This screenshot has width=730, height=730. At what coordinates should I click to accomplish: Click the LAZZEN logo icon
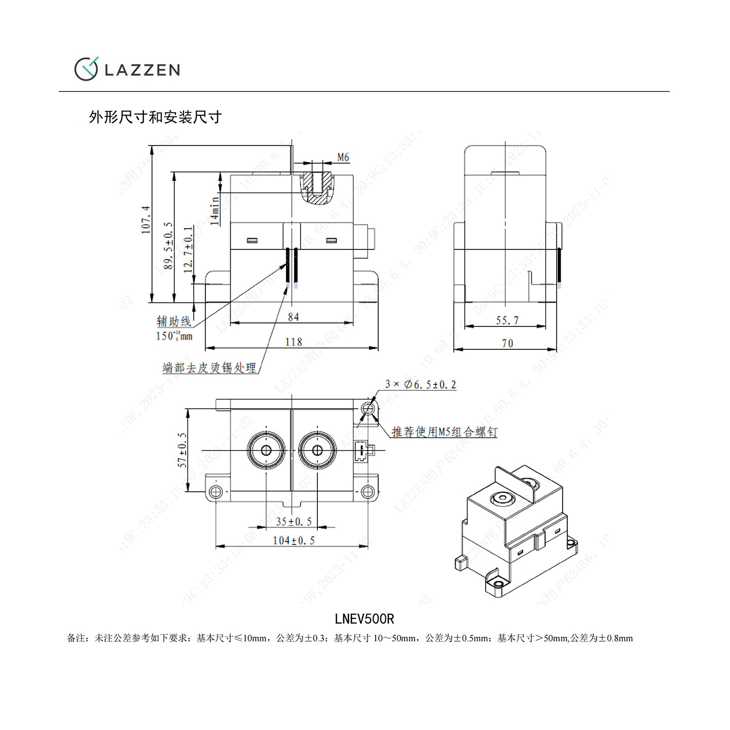[x=86, y=69]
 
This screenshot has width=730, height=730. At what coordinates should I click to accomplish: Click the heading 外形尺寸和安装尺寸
[x=155, y=117]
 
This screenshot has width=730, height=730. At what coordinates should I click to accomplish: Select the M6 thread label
[x=343, y=158]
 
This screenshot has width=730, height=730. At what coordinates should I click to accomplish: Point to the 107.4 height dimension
[x=146, y=220]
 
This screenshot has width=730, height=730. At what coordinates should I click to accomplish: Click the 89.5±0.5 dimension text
[x=168, y=245]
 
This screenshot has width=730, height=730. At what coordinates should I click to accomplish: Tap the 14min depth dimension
[x=215, y=210]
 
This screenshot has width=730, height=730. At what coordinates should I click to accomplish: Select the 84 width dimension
[x=293, y=317]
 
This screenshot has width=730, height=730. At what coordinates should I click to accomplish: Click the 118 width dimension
[x=293, y=342]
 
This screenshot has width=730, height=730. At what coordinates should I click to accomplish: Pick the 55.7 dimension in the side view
[x=507, y=320]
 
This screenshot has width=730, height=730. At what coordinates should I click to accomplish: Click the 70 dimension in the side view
[x=507, y=344]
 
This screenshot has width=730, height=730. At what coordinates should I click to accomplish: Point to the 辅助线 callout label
[x=174, y=321]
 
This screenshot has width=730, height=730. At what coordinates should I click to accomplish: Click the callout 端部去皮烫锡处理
[x=209, y=368]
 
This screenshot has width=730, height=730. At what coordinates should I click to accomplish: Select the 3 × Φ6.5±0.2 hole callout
[x=420, y=385]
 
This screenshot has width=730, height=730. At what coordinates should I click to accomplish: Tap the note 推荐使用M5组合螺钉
[x=445, y=432]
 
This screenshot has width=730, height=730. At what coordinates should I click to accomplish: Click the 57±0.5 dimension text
[x=181, y=450]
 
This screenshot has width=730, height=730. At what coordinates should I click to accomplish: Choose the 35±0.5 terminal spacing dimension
[x=294, y=522]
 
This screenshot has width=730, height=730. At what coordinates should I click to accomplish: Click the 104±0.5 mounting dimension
[x=294, y=541]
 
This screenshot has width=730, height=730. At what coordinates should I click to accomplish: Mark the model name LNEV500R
[x=364, y=619]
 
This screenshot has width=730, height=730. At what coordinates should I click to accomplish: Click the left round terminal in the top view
[x=266, y=450]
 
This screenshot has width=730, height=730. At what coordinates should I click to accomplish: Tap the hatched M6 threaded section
[x=318, y=188]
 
